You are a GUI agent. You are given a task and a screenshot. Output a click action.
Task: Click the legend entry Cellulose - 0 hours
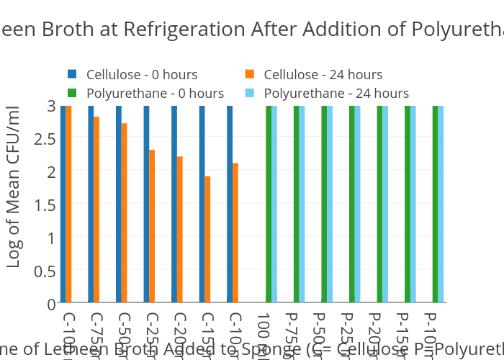(141, 74)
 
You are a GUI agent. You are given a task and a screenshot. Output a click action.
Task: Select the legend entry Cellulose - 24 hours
(323, 74)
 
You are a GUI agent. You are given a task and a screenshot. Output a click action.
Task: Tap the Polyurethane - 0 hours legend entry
(154, 93)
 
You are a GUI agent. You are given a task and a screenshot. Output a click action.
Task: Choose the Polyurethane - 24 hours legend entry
(336, 93)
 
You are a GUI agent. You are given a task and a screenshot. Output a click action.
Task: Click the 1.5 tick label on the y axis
(45, 204)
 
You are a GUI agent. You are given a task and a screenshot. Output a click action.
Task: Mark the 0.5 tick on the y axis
(45, 271)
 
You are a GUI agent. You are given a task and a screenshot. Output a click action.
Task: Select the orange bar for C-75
(96, 209)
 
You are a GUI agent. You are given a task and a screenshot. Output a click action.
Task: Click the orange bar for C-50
(124, 212)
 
